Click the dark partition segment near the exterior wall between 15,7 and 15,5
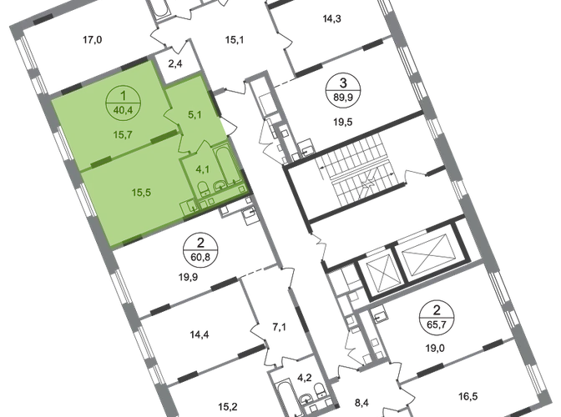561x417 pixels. click(100, 158)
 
